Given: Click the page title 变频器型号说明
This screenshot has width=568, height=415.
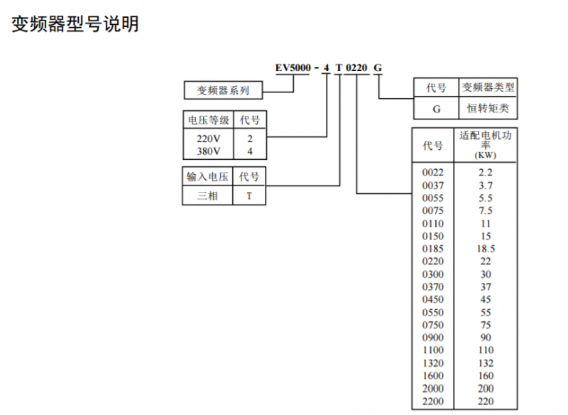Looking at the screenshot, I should coord(75,24).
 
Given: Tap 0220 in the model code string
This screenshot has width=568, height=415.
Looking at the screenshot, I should coord(356,68).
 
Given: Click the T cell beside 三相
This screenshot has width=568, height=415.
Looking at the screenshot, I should coord(249,195).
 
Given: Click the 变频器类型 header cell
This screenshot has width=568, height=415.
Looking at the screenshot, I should coord(488,88).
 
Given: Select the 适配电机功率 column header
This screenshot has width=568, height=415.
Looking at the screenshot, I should coord(486,143).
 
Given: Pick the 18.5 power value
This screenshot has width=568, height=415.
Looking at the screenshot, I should coord(486,249).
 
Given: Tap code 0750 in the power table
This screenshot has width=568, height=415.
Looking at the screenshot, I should coord(433,325).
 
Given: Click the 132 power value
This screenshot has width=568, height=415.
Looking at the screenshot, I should coord(486,363).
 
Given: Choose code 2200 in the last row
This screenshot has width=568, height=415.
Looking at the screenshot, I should coord(433,401).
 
